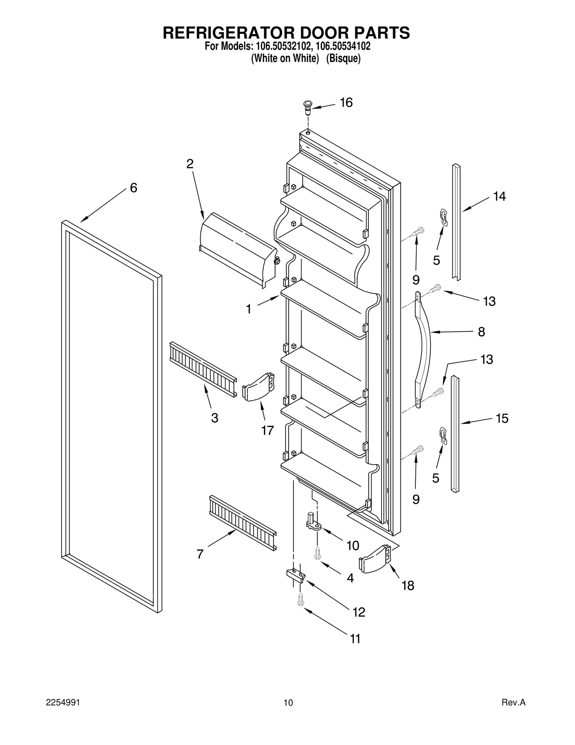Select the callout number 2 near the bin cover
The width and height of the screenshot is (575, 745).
point(190,164)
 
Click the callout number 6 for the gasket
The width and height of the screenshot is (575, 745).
point(133,188)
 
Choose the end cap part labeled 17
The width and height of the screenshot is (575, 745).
point(259,387)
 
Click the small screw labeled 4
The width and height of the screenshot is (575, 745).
point(317,553)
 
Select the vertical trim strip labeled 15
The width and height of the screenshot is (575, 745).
point(455,433)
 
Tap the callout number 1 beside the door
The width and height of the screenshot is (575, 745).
point(248,309)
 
